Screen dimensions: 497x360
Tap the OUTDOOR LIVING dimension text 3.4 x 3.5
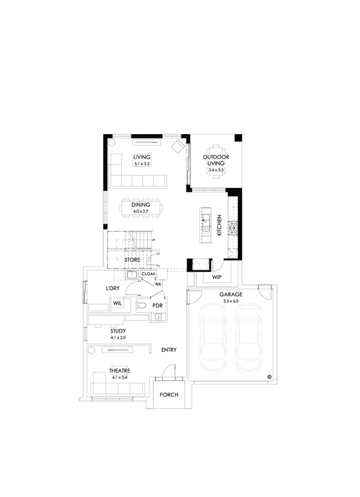(216, 170)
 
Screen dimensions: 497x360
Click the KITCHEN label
(219, 225)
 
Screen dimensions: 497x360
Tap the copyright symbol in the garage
(269, 377)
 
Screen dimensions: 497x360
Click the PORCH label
(168, 395)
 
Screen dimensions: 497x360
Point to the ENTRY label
(168, 350)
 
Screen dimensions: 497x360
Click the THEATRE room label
(119, 371)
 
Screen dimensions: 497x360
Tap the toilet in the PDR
(141, 304)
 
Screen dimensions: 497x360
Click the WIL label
(117, 303)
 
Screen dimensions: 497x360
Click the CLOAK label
(149, 274)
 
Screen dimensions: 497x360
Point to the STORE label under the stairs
(132, 259)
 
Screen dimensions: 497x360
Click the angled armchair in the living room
(178, 146)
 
